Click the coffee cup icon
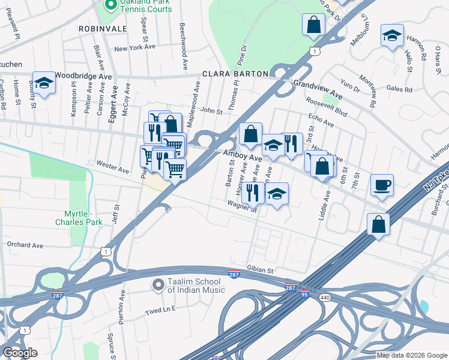381,184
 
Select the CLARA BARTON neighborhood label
235,74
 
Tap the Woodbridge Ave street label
83,77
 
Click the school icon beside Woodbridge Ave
44,82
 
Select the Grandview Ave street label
318,90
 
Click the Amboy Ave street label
243,155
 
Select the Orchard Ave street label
25,245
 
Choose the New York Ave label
134,47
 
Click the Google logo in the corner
20,353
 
